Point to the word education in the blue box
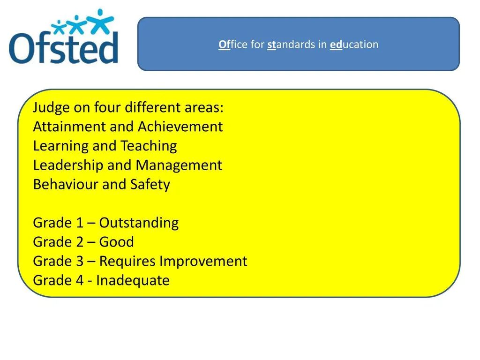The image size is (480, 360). [354, 45]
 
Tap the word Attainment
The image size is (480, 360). [69, 127]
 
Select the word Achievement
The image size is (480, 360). [180, 127]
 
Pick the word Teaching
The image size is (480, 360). [149, 146]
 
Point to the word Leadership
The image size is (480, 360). [68, 165]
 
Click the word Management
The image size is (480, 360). [179, 165]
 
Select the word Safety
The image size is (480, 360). [150, 185]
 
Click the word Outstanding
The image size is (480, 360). [139, 223]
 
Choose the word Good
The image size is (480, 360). [117, 242]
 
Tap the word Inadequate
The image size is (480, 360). [133, 281]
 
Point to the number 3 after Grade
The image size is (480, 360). [80, 261]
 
